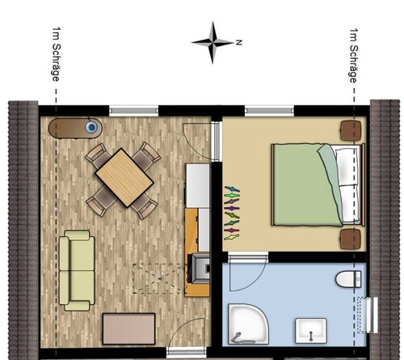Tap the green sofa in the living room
[x=79, y=269]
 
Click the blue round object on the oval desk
[x=93, y=127]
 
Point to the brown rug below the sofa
[x=128, y=328]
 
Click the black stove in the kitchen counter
[x=196, y=268]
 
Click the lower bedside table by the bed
[x=350, y=239]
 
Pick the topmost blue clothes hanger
[x=232, y=189]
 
